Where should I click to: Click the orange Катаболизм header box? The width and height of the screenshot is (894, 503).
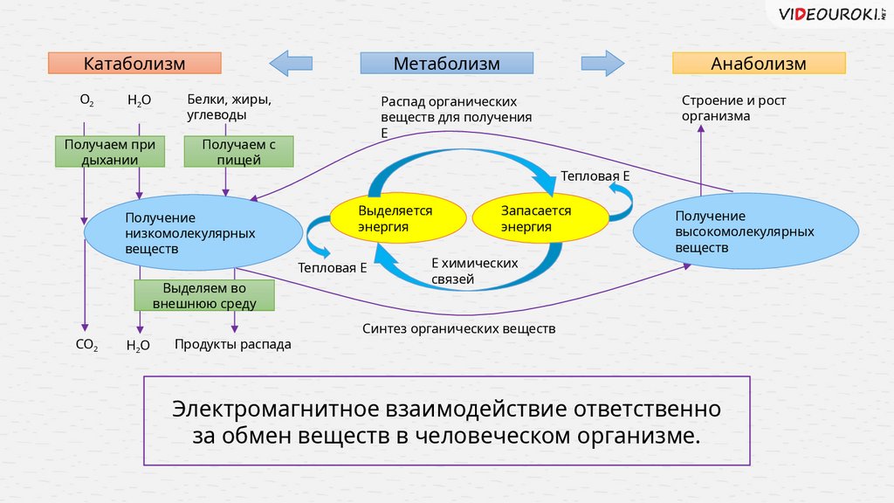pos(134,63)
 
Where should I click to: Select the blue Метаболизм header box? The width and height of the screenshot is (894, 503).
pos(446,63)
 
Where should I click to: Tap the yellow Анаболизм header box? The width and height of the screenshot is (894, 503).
pos(758,63)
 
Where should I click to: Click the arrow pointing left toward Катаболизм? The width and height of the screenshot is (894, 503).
pos(291,63)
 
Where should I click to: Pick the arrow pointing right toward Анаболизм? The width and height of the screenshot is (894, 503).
pos(602,63)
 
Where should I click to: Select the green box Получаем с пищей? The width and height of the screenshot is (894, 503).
pos(226,151)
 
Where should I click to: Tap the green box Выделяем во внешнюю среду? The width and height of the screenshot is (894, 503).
pos(204,296)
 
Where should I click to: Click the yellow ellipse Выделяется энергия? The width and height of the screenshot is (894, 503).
pos(395,219)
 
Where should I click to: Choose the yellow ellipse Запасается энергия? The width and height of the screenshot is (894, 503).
pos(540,219)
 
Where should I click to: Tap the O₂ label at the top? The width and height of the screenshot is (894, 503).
pos(87,100)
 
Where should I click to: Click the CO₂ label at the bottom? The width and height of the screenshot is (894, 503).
pos(86,345)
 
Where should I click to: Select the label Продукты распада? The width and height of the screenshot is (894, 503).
pos(232,345)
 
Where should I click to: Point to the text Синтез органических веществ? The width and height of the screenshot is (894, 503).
pos(458,329)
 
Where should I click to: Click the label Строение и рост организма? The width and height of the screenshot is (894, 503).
pos(733,107)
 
